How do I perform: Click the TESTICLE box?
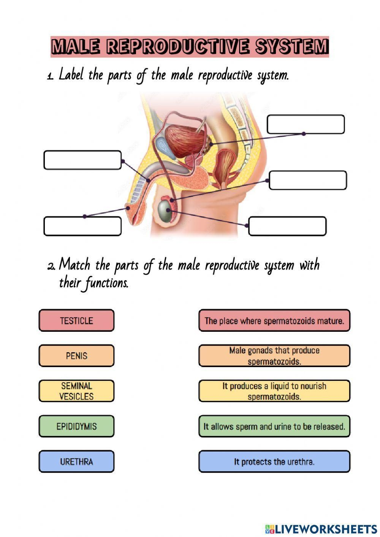[76, 320]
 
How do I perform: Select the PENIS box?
[76, 356]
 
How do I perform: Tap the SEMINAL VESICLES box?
[76, 391]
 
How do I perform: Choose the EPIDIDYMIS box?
[76, 426]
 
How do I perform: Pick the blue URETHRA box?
[76, 462]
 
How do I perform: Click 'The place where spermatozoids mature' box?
[274, 320]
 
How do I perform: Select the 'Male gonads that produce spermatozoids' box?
[274, 356]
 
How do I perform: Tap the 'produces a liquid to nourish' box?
[274, 391]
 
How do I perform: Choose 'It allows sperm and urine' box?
[274, 426]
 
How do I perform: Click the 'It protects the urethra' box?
[274, 462]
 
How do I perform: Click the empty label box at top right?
[306, 124]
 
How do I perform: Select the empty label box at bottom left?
[82, 227]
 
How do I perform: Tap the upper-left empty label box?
[82, 160]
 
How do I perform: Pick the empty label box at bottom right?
[287, 227]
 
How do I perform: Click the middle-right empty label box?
[308, 180]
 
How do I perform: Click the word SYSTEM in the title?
[291, 47]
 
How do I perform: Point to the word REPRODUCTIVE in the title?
[178, 47]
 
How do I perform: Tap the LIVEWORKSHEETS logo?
[321, 529]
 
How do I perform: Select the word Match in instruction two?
[74, 265]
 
